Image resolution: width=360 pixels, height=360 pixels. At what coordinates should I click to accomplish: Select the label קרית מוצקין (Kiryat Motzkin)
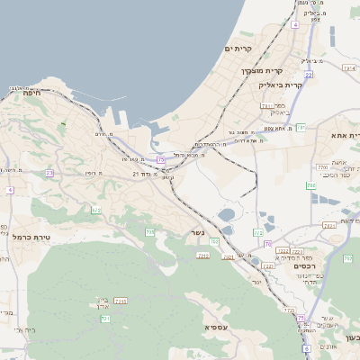click(262, 70)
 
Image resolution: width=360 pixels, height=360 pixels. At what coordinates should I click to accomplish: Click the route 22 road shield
click(308, 76)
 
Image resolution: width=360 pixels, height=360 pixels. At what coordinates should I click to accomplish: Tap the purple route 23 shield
click(49, 173)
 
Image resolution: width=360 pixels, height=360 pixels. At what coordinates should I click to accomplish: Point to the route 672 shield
click(96, 211)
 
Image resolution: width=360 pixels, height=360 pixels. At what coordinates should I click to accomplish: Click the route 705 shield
click(150, 232)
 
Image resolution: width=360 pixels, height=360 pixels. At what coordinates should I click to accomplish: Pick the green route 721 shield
click(105, 319)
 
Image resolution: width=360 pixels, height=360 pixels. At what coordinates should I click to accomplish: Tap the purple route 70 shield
click(267, 244)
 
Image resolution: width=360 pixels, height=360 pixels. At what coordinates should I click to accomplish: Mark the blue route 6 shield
click(306, 348)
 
